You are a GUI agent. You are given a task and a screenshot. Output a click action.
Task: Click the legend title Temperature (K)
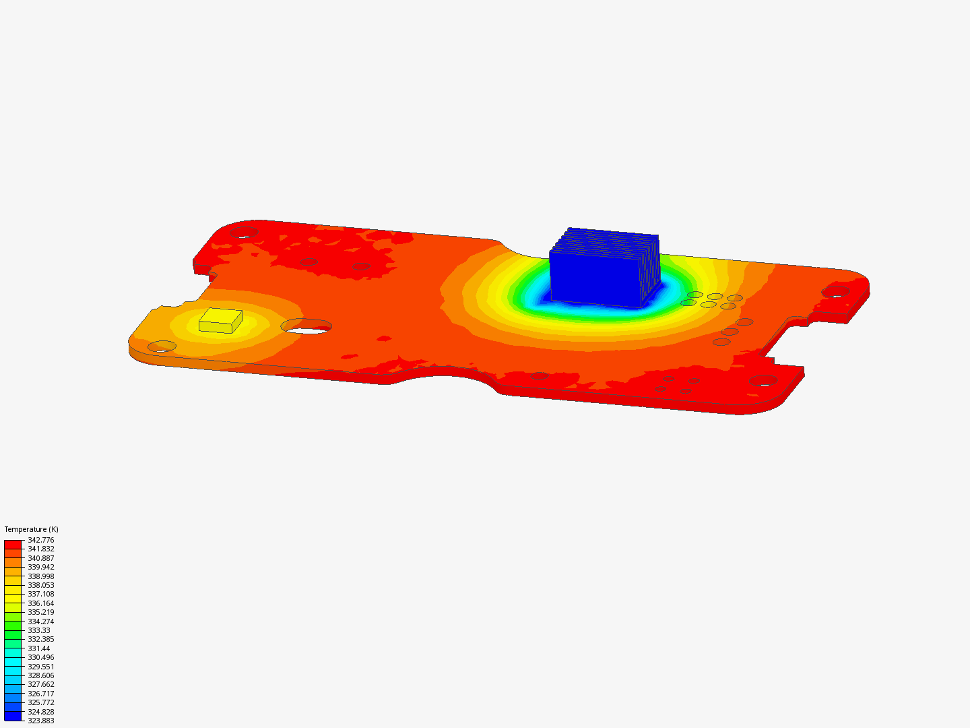tap(31, 529)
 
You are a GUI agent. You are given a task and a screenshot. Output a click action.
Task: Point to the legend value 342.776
tap(40, 540)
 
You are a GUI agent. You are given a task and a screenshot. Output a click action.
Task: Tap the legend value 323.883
tap(40, 721)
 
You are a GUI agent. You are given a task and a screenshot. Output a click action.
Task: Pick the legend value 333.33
tap(38, 630)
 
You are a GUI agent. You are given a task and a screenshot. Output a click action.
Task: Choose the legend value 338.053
tap(40, 585)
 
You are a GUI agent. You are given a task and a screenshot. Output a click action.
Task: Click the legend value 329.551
tap(40, 667)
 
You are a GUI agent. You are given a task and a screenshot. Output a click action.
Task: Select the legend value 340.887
tap(40, 558)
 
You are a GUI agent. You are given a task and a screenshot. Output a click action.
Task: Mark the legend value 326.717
tap(40, 694)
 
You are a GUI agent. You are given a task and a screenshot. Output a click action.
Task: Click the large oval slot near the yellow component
tap(306, 327)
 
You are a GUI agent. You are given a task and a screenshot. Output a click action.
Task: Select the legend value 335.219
tap(40, 612)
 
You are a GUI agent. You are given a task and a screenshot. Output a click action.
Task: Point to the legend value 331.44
tap(38, 648)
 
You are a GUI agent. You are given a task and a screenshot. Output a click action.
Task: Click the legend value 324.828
tap(40, 712)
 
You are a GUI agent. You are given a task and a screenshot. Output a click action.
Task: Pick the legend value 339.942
tap(40, 567)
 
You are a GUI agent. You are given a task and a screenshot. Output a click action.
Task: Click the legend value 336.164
tap(40, 603)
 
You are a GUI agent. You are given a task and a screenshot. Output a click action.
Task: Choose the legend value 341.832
tap(40, 549)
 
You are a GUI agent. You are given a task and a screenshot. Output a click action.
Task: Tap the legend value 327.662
tap(40, 684)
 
